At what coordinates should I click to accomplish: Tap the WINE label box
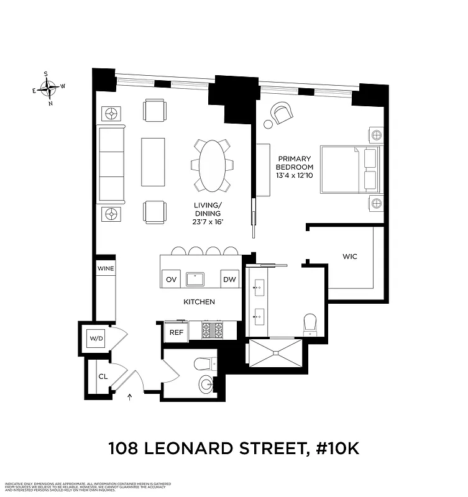point(104,268)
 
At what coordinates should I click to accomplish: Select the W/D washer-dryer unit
point(96,339)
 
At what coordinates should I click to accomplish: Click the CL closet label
point(103,376)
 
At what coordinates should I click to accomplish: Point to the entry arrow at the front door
point(129,396)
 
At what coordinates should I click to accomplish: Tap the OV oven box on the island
point(171,280)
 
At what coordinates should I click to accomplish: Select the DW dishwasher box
point(230,280)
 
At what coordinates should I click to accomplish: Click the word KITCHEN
point(199,302)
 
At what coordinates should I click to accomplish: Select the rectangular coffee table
point(153,162)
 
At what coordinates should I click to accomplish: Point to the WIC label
point(350,256)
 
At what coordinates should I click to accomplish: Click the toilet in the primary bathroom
point(310,324)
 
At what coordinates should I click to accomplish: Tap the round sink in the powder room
point(205,383)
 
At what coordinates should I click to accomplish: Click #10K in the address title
point(333,447)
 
